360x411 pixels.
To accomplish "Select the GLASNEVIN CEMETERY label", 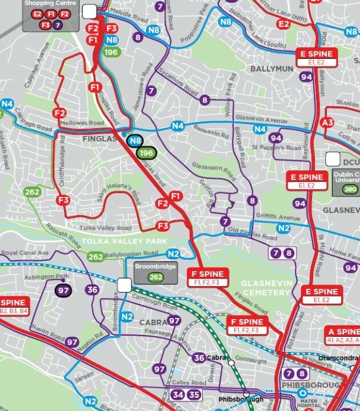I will click(267, 288).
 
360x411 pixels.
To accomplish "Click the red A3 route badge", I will click(328, 122).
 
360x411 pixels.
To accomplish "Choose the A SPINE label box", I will click(343, 335).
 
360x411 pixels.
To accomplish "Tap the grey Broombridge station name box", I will click(155, 272).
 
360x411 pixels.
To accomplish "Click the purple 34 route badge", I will click(178, 394).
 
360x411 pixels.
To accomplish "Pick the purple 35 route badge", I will click(194, 394).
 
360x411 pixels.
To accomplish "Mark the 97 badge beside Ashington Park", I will click(63, 291).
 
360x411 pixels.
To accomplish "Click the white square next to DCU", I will click(333, 158).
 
